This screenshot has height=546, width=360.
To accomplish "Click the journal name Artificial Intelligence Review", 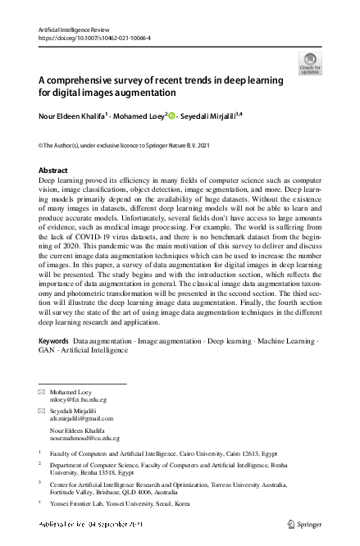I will pyautogui.click(x=73, y=29).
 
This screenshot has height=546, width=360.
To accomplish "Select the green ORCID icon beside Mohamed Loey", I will pyautogui.click(x=173, y=116).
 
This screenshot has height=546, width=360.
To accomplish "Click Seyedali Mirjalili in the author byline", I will pyautogui.click(x=210, y=116).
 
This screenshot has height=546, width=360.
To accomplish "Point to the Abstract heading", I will pyautogui.click(x=53, y=170).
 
